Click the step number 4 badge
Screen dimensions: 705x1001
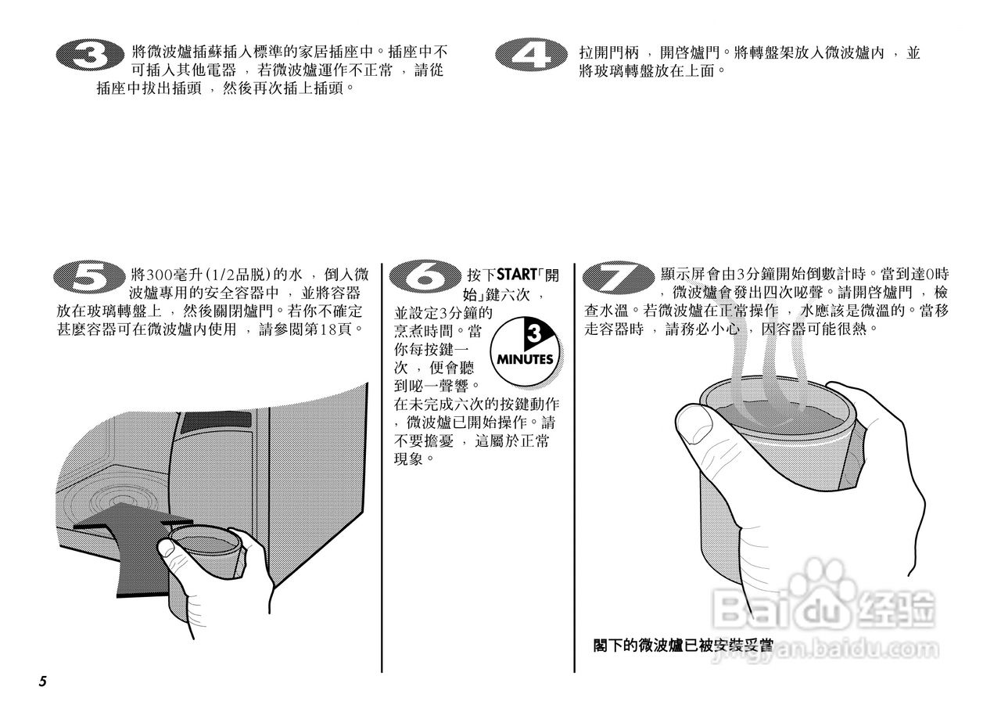click(x=532, y=56)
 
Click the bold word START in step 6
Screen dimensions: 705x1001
click(x=514, y=275)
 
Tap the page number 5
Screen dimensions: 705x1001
click(x=43, y=681)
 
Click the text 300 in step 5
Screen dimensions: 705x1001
click(x=159, y=275)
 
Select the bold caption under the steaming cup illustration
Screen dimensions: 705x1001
click(x=683, y=646)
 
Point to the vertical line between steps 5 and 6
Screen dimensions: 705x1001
click(x=382, y=469)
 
